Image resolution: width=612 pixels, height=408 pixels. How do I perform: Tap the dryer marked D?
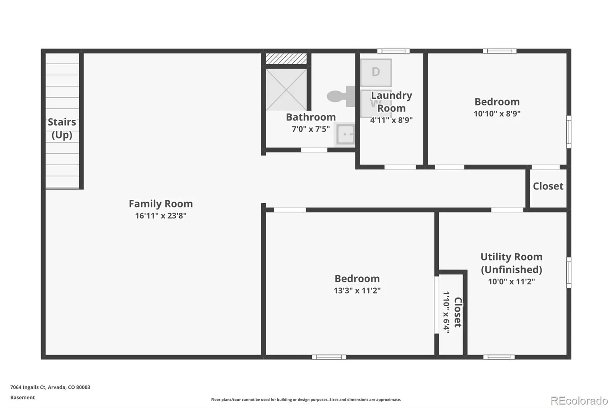pos(376,72)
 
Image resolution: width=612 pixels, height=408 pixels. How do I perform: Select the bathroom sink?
pos(345,135)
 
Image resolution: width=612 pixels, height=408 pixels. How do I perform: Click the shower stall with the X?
pos(286,90)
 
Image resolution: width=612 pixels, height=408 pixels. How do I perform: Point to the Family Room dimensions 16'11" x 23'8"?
pos(161,216)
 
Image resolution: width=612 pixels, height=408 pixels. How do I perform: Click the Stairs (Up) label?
pos(62,129)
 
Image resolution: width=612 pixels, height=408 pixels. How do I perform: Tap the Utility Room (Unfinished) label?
pos(511,263)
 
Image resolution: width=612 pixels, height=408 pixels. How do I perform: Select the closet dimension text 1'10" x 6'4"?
pos(446,312)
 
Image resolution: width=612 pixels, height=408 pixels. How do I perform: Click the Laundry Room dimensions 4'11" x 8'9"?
pos(391,120)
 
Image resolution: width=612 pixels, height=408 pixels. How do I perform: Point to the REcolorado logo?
pos(579,401)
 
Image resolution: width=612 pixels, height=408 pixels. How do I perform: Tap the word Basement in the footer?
pos(23,397)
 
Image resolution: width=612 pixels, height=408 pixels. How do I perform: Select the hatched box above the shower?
pos(286,59)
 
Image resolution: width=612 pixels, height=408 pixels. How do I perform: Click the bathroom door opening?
pos(314,150)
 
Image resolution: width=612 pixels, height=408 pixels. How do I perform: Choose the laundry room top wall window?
pos(393,51)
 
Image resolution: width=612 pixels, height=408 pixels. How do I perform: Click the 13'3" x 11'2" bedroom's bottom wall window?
pos(329,357)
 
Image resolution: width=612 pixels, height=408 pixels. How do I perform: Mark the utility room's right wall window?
pos(569,273)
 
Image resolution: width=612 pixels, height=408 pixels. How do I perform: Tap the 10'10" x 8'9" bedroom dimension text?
pos(497,114)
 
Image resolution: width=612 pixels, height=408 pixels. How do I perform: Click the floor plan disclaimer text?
pos(306,400)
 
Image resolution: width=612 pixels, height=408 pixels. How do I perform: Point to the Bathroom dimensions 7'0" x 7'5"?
pos(311,129)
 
